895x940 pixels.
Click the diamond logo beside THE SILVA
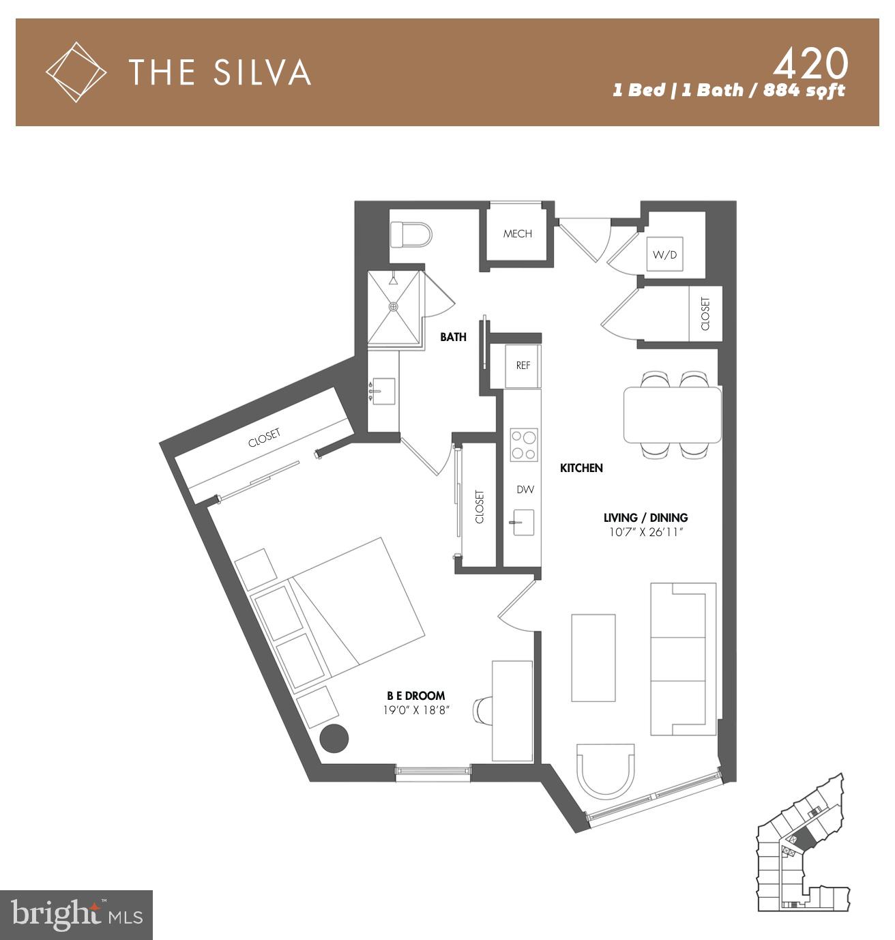pyautogui.click(x=76, y=72)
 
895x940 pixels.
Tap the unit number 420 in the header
pyautogui.click(x=810, y=65)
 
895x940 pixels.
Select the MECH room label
pyautogui.click(x=517, y=234)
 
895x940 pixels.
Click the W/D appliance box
pyautogui.click(x=664, y=255)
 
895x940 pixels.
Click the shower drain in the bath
pyautogui.click(x=394, y=307)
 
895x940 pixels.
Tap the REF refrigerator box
pyautogui.click(x=523, y=366)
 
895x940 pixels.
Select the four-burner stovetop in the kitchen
pyautogui.click(x=524, y=445)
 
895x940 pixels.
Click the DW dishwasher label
pyautogui.click(x=524, y=490)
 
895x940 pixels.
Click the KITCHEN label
pyautogui.click(x=581, y=468)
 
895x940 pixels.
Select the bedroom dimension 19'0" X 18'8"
pyautogui.click(x=416, y=710)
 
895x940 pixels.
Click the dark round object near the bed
pyautogui.click(x=334, y=738)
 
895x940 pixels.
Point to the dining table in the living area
pyautogui.click(x=672, y=415)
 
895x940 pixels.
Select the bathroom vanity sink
pyautogui.click(x=382, y=393)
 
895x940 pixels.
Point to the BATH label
pyautogui.click(x=453, y=337)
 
